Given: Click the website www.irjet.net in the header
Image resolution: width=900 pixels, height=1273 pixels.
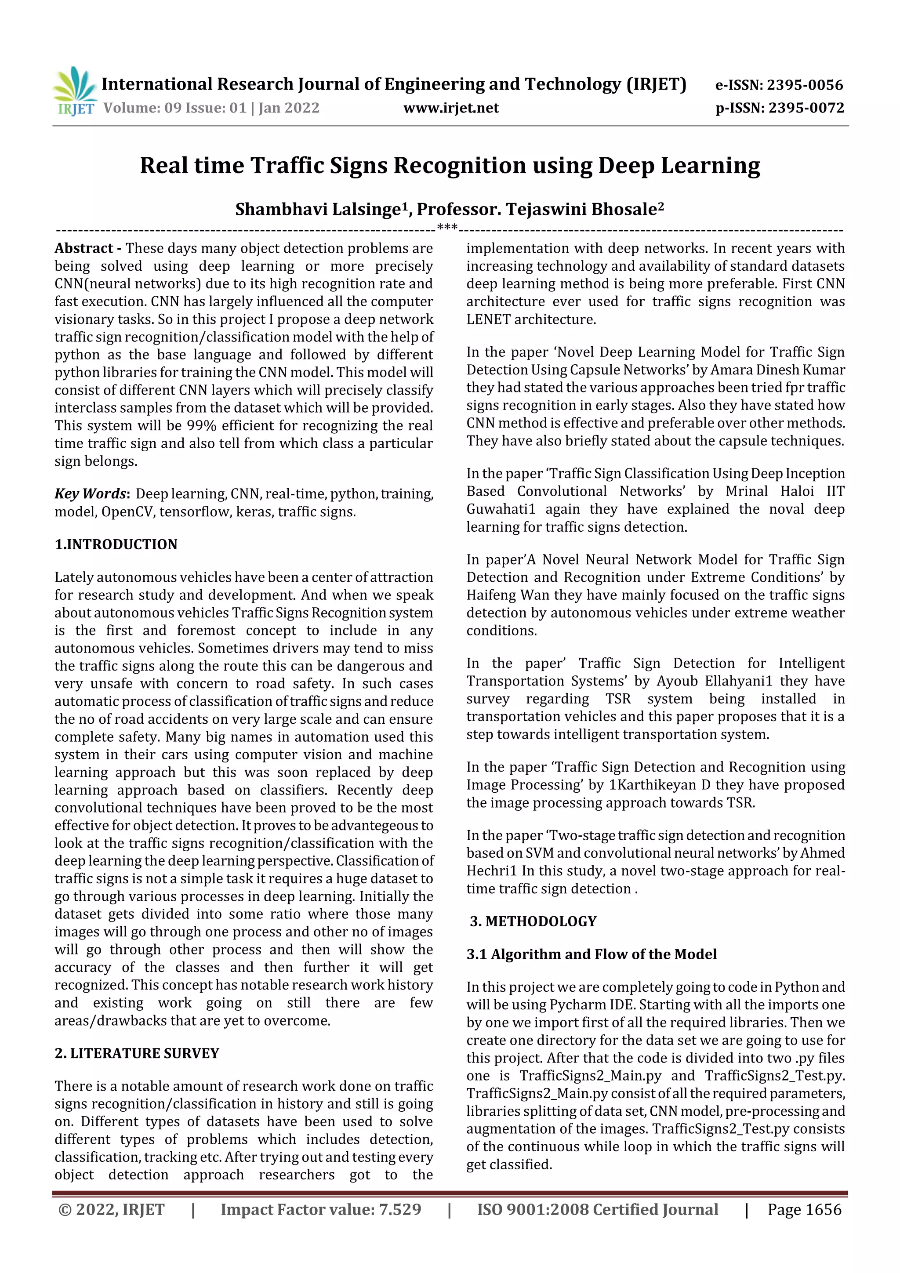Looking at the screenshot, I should [x=451, y=108].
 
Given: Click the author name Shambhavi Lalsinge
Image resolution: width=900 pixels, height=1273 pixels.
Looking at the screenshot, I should [x=317, y=210].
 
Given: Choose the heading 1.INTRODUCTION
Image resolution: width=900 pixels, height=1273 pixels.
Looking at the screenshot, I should [x=116, y=544].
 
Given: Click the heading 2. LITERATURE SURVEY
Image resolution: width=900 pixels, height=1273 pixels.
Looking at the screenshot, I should [x=137, y=1053].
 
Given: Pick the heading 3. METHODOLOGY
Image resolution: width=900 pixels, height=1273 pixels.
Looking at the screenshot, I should [x=533, y=921].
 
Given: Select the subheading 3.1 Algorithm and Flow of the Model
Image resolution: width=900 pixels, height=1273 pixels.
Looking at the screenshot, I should [x=591, y=954].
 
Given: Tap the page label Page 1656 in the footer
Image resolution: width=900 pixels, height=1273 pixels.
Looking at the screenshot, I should [x=804, y=1210].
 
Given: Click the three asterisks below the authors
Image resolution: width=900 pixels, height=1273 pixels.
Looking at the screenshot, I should [x=447, y=227].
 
